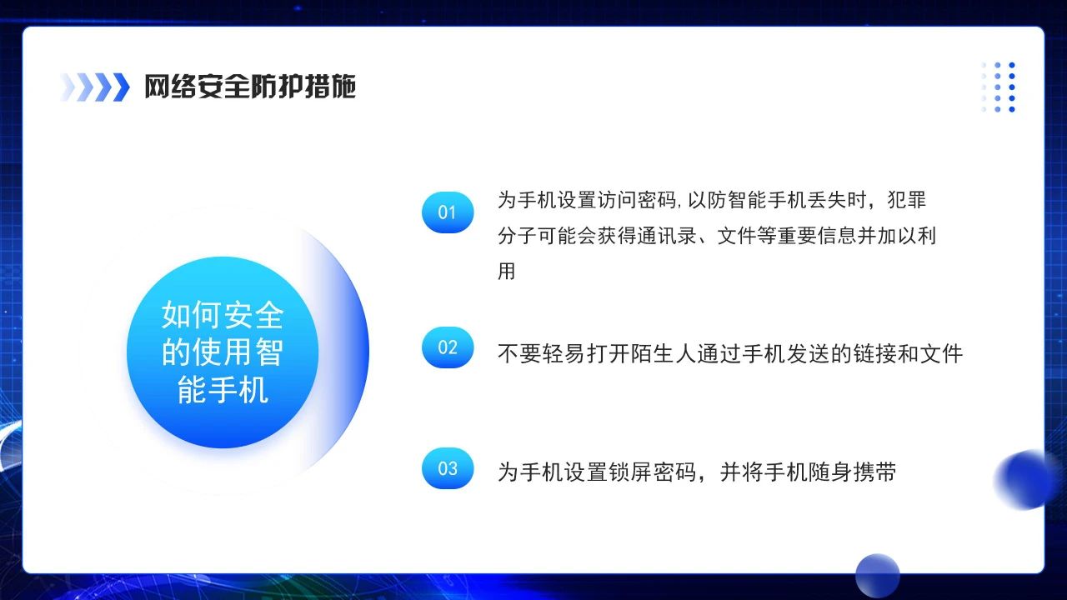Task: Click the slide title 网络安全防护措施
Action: tap(250, 87)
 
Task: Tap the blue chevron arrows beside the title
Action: tap(95, 87)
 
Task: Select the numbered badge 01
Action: tap(448, 212)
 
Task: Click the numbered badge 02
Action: tap(448, 347)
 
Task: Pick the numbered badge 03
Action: tap(448, 468)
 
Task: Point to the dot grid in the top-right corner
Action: tap(999, 87)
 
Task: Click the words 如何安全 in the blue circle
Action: tap(223, 316)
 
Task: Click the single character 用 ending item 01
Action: tap(507, 272)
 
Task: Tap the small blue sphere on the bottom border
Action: tap(877, 575)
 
